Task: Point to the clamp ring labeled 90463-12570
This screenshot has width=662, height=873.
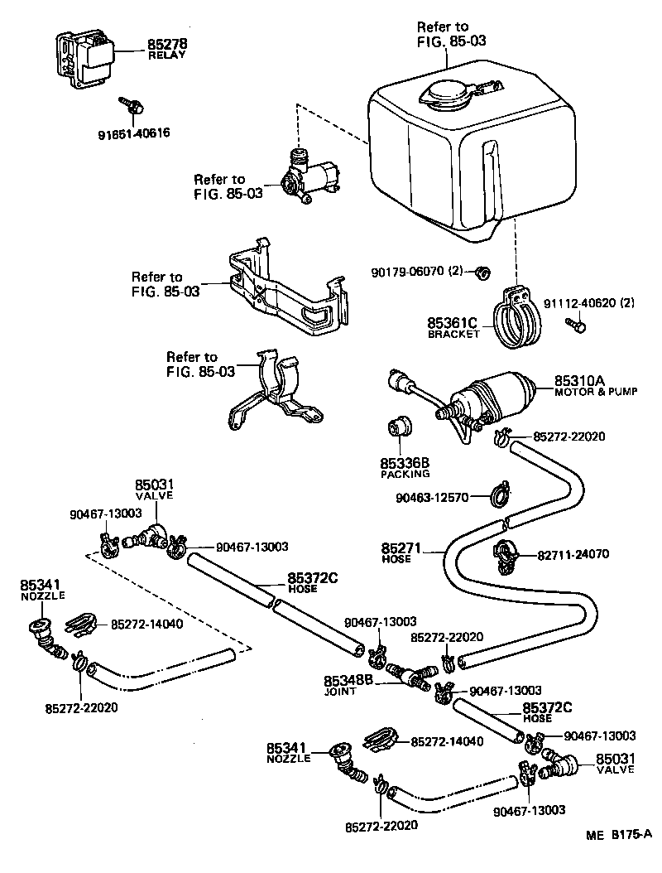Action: tap(499, 496)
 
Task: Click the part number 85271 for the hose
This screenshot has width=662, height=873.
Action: tap(401, 548)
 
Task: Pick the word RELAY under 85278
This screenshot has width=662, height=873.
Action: tap(166, 55)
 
